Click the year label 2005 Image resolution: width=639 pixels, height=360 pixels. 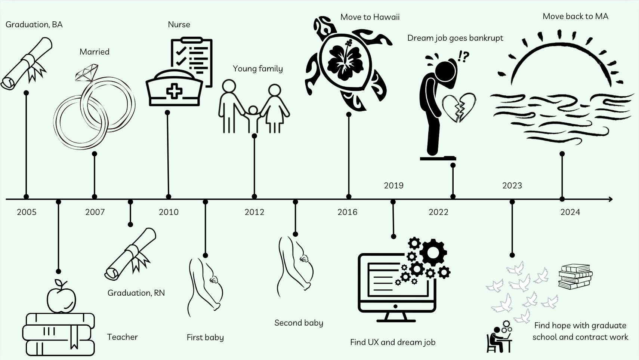[27, 212]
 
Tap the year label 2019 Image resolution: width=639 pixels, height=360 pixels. [393, 185]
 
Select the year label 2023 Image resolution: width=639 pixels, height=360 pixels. [512, 185]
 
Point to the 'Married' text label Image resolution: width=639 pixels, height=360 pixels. [95, 52]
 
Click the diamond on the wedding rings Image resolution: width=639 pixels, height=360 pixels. [87, 73]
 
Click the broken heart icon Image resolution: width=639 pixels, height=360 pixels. [459, 107]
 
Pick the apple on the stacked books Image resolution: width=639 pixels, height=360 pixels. [61, 297]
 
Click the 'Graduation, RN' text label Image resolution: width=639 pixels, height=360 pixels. [136, 293]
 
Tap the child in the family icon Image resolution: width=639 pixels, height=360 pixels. [253, 119]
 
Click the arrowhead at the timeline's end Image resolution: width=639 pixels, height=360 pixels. [610, 199]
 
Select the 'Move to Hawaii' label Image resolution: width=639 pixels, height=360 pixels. [370, 17]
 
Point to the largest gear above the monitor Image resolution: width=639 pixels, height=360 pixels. [433, 252]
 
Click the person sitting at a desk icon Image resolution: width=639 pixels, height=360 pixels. [499, 338]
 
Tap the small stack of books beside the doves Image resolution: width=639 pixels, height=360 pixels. [575, 276]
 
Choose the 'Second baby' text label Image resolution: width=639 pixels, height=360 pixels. [299, 323]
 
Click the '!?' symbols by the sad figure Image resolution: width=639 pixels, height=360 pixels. [463, 57]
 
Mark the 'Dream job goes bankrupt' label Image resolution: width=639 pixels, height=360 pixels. [455, 38]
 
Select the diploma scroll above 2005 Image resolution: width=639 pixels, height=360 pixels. [26, 64]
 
